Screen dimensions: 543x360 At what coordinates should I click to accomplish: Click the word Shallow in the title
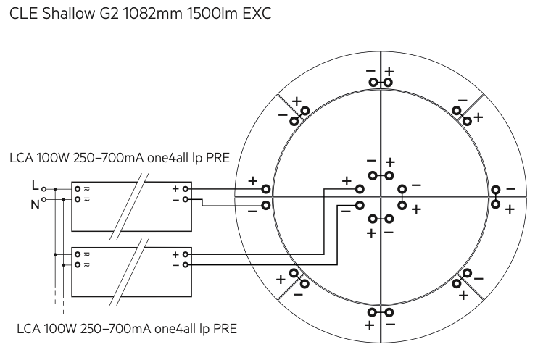tap(69, 14)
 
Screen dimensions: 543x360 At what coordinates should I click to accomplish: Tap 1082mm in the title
tap(152, 14)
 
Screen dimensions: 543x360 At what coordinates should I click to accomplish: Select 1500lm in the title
tap(212, 14)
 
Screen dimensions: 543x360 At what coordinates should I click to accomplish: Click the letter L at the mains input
tap(35, 186)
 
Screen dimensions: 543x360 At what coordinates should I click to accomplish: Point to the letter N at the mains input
tap(35, 205)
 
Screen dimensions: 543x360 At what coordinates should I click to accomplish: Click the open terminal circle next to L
tap(43, 189)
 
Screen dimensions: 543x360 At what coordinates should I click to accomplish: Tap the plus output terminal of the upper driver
tap(186, 189)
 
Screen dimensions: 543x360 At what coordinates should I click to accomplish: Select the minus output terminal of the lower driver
tap(186, 265)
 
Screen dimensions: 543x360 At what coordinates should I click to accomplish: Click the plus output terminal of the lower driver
tap(186, 254)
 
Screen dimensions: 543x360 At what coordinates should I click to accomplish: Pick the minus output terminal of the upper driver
tap(186, 199)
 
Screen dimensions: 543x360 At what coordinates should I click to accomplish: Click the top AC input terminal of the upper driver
tap(78, 189)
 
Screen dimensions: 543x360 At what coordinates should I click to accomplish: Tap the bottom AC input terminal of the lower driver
tap(78, 265)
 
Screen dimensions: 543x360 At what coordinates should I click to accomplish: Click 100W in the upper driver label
tap(53, 158)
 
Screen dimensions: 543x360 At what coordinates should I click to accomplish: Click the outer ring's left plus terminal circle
tap(265, 189)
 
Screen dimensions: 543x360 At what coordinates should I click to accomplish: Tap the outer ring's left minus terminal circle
tap(265, 206)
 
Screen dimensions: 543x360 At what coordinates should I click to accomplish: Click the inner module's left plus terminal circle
tap(360, 189)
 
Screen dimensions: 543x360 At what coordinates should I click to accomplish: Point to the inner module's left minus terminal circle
tap(360, 206)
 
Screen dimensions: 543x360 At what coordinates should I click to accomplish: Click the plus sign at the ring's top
tap(389, 72)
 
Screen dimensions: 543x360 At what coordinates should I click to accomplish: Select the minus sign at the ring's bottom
tap(390, 325)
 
